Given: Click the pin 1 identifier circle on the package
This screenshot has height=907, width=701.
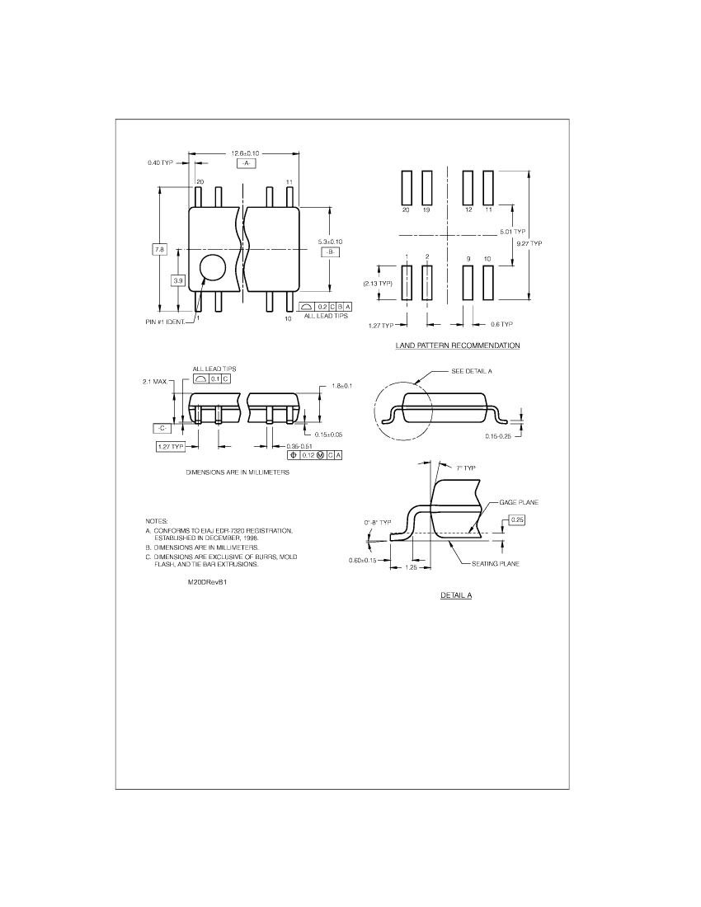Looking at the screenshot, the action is tap(212, 268).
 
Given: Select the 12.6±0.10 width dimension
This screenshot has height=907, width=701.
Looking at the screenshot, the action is tap(245, 153).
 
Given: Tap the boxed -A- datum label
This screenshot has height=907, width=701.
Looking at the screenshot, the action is tap(246, 164).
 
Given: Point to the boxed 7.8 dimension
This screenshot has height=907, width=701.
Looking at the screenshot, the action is tap(159, 249).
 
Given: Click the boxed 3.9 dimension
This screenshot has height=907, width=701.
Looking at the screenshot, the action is tap(178, 280).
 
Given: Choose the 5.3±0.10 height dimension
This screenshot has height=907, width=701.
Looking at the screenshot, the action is tap(330, 242).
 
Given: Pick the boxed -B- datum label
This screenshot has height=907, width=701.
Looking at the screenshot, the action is tap(330, 252).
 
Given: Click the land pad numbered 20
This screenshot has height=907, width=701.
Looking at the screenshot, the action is tap(407, 187).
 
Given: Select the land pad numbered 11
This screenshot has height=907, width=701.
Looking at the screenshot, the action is tap(488, 187).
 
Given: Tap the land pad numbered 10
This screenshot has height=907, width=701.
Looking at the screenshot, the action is tap(488, 282).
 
